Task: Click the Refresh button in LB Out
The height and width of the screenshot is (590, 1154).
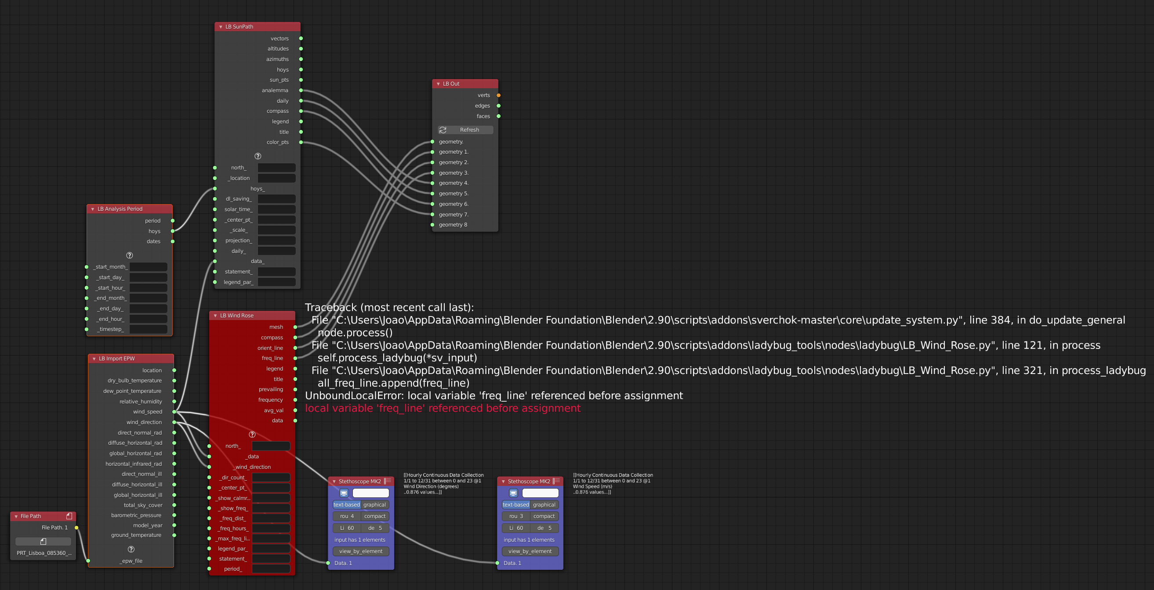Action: tap(465, 130)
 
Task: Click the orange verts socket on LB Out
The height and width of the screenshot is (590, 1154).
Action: tap(499, 95)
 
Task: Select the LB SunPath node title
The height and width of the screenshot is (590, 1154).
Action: tap(239, 27)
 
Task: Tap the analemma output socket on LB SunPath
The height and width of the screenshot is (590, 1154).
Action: tap(301, 90)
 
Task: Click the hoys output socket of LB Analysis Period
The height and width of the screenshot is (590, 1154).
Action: tap(172, 231)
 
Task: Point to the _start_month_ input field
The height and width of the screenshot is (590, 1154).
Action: tap(148, 267)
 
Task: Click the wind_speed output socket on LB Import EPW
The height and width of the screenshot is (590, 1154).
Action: tap(174, 412)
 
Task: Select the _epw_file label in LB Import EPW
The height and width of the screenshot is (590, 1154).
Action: tap(131, 561)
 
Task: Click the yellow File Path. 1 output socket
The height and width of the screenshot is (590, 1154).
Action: tap(76, 528)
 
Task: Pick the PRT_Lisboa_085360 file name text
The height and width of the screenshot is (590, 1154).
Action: tap(44, 553)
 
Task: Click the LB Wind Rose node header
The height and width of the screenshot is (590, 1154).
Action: tap(237, 316)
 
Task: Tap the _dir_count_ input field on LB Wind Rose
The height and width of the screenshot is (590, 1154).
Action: tap(271, 478)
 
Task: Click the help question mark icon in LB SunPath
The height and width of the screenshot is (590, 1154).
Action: tap(258, 156)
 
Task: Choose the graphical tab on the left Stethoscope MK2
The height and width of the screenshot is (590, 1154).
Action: tap(374, 505)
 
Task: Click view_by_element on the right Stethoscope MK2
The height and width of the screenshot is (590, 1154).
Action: tap(530, 551)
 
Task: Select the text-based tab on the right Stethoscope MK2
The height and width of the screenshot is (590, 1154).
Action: tap(515, 505)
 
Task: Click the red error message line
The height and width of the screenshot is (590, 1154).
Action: tap(443, 408)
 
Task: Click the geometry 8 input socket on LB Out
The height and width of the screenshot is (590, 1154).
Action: tap(432, 225)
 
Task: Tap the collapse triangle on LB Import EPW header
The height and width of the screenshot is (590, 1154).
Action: tap(94, 359)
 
